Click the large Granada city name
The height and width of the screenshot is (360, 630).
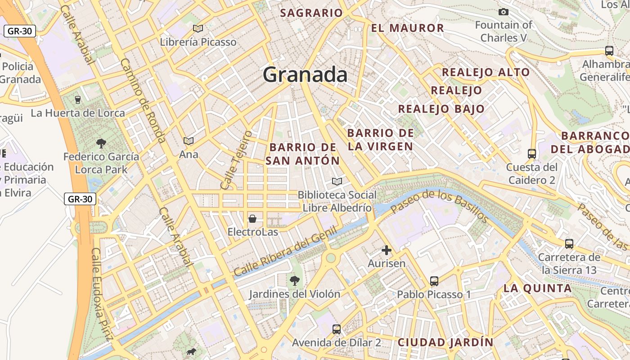tap(305, 75)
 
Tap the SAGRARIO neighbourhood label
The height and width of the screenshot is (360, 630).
tap(311, 13)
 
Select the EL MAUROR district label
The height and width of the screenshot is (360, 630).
tap(407, 28)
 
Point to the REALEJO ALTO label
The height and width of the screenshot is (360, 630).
tap(486, 72)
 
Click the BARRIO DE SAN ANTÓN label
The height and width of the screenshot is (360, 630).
tap(302, 154)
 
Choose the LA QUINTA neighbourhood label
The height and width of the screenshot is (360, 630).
tap(537, 288)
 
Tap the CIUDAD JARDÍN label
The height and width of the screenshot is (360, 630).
tap(445, 342)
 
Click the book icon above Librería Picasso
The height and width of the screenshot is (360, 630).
tap(198, 29)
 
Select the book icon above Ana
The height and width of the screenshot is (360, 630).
tap(189, 141)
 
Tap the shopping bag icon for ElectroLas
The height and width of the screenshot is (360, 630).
tap(252, 219)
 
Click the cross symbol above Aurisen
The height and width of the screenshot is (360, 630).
tap(387, 250)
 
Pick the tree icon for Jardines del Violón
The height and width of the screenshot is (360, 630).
tap(295, 281)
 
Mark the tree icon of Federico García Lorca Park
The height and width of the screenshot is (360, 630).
tap(101, 144)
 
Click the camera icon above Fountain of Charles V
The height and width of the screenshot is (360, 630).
tap(504, 12)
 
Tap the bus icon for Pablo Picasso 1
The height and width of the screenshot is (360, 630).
tap(434, 281)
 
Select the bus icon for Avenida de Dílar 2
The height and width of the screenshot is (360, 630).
tap(337, 329)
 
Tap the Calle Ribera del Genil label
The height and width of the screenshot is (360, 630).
tap(285, 252)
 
